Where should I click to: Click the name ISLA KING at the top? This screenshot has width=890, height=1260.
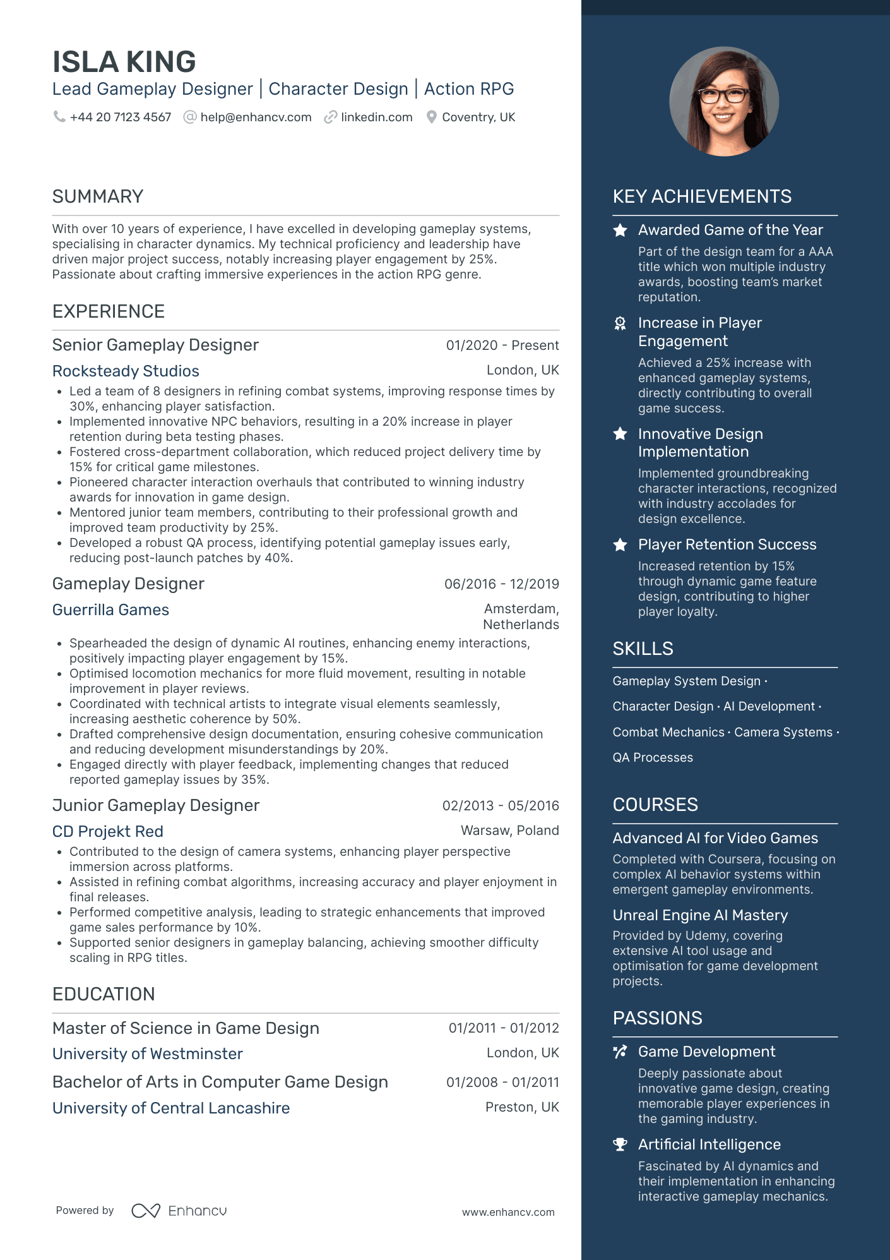coord(124,62)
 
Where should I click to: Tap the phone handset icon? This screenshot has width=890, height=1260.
coord(59,117)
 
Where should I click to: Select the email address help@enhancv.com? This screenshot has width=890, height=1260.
coord(256,117)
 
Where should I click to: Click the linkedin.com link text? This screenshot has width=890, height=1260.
coord(376,117)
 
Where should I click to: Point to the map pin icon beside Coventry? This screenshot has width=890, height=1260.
coord(432,117)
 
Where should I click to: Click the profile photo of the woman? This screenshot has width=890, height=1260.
coord(724,101)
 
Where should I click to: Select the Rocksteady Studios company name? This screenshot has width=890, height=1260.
coord(126,371)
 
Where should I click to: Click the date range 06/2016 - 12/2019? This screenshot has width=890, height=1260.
coord(501,584)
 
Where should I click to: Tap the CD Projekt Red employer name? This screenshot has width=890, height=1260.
coord(108,831)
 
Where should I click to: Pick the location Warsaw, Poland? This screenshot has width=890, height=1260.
coord(509,831)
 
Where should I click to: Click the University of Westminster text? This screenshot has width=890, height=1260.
coord(148,1053)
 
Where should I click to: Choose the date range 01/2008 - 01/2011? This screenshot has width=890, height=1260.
coord(502,1083)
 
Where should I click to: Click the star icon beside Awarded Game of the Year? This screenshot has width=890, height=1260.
coord(620,231)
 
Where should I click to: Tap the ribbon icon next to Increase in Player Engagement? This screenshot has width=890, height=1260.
coord(620,324)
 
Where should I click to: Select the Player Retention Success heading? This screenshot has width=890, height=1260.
coord(727,544)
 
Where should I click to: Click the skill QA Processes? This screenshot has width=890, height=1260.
coord(653,757)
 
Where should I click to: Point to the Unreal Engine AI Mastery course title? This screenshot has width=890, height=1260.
coord(700,915)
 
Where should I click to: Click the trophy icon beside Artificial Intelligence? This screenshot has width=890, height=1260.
coord(620,1144)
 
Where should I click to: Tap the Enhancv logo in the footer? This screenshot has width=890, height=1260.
coord(179,1211)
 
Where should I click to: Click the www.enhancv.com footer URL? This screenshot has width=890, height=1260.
coord(508,1212)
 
